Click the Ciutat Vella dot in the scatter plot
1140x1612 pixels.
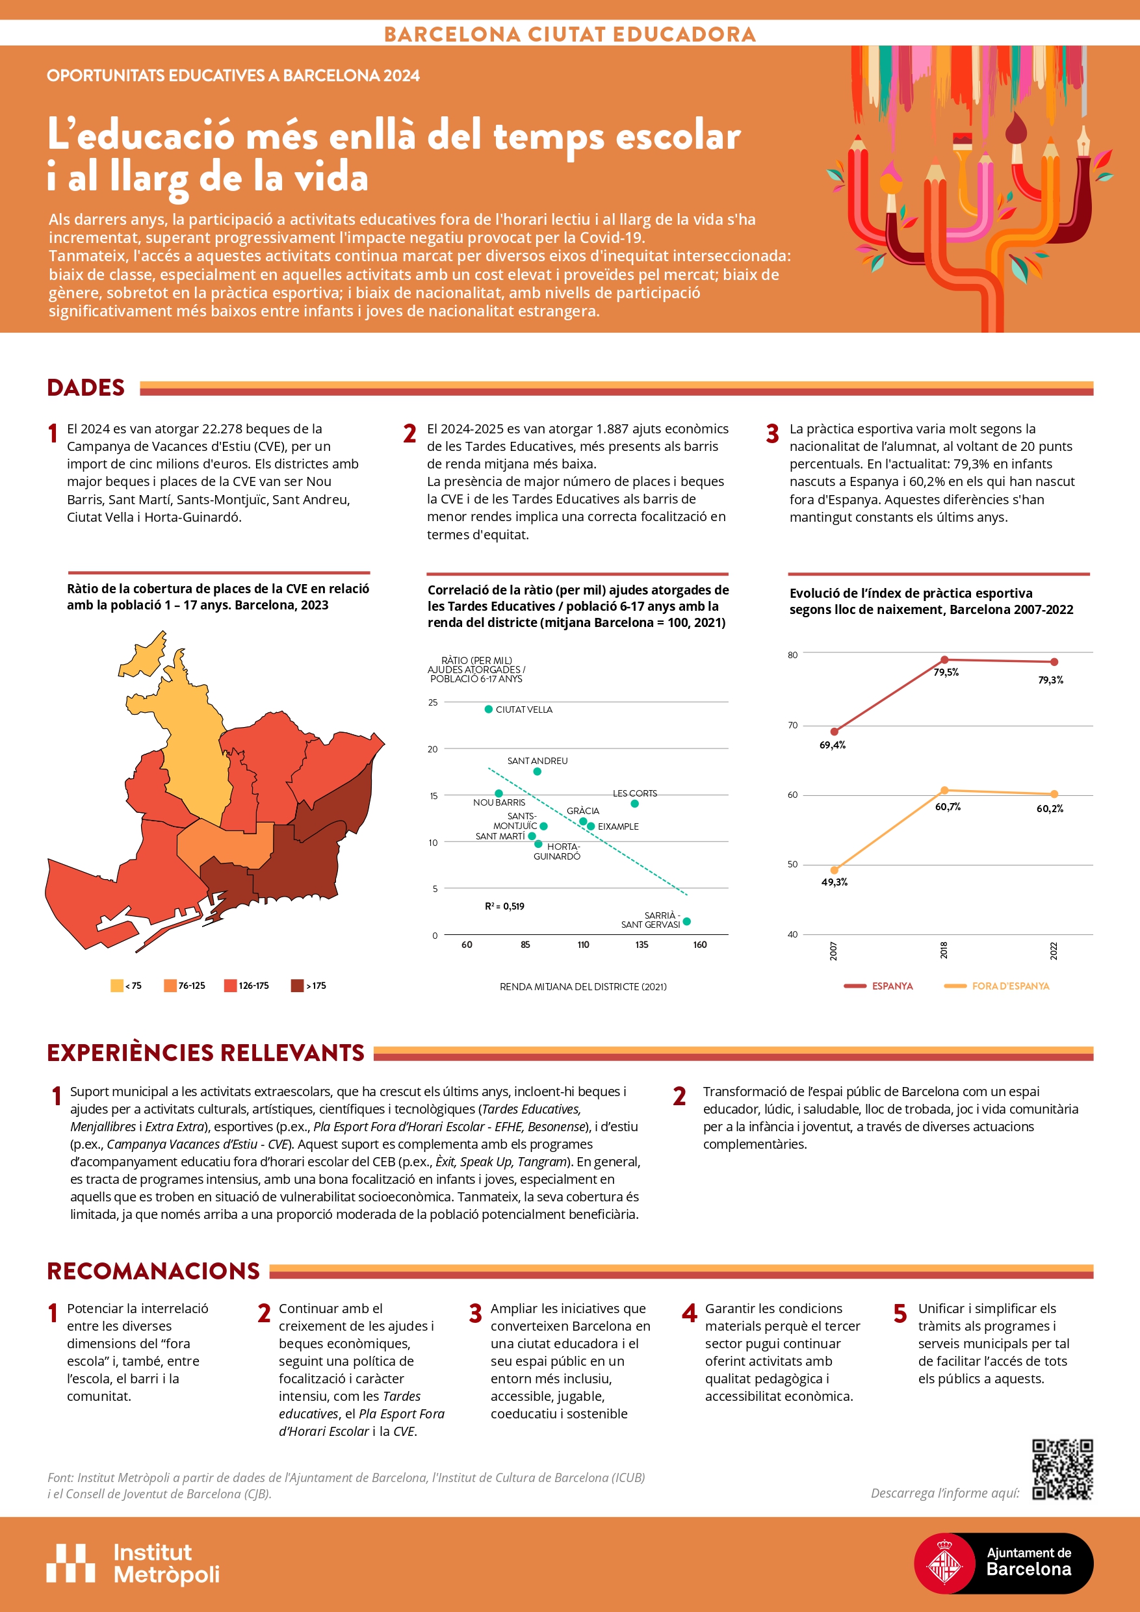[x=488, y=709]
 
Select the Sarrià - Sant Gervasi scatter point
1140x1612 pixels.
[x=686, y=921]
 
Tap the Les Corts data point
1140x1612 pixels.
[x=634, y=803]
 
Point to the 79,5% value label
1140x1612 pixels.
[x=946, y=672]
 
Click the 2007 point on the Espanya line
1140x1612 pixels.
[x=834, y=732]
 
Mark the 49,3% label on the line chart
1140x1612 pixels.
[x=835, y=882]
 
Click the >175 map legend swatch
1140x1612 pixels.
[x=297, y=986]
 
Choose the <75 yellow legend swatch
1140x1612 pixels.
[x=116, y=986]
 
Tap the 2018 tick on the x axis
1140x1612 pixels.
[x=944, y=950]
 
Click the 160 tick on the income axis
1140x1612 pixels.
[x=699, y=944]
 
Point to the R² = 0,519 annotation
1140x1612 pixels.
[x=504, y=906]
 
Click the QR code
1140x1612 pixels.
[x=1061, y=1470]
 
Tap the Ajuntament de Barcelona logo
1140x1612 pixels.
[x=1002, y=1563]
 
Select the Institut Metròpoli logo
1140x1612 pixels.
[x=133, y=1563]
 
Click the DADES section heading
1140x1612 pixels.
[x=86, y=387]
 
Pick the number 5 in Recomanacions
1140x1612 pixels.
[x=900, y=1313]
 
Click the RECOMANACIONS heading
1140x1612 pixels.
[x=153, y=1271]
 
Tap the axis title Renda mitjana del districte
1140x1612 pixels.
[x=583, y=986]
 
